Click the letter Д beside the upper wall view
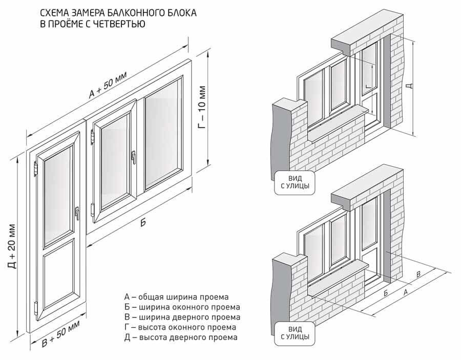coord(408,86)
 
